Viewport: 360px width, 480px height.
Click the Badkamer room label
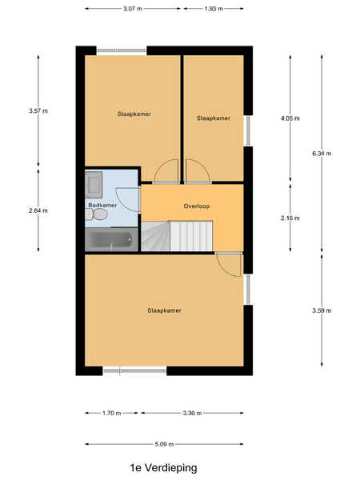(102, 205)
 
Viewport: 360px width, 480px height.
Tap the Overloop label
(197, 206)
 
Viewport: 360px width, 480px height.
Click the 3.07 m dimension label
(133, 9)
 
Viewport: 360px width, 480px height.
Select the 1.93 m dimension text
(214, 9)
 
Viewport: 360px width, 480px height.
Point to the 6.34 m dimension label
(322, 154)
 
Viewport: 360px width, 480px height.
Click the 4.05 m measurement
(290, 118)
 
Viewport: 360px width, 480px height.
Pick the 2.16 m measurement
(290, 218)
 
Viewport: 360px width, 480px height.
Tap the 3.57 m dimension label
(38, 111)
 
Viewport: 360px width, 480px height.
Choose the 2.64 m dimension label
(38, 210)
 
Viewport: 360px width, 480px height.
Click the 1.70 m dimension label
(112, 413)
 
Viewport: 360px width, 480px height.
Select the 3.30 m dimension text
(192, 413)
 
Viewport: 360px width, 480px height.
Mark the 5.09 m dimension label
(164, 444)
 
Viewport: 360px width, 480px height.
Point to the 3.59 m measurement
(322, 310)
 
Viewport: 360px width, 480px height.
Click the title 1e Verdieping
(163, 468)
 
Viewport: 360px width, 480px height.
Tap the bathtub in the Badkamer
(111, 240)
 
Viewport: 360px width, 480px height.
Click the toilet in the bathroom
(97, 214)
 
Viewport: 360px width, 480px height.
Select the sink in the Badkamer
(94, 184)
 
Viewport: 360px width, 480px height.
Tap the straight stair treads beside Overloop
(191, 236)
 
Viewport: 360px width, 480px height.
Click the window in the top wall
(122, 51)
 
